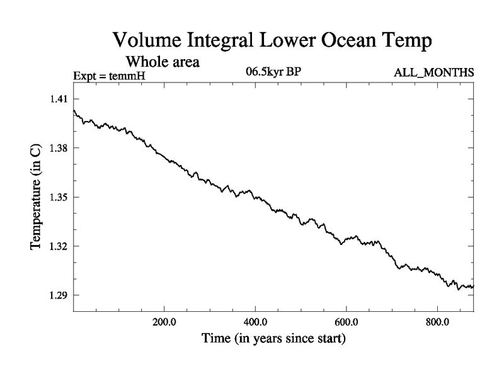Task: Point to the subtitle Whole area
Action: (x=163, y=62)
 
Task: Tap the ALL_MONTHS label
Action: (x=433, y=73)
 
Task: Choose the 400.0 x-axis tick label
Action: (x=255, y=323)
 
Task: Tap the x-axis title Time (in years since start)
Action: (x=273, y=339)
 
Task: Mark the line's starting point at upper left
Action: (x=74, y=111)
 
